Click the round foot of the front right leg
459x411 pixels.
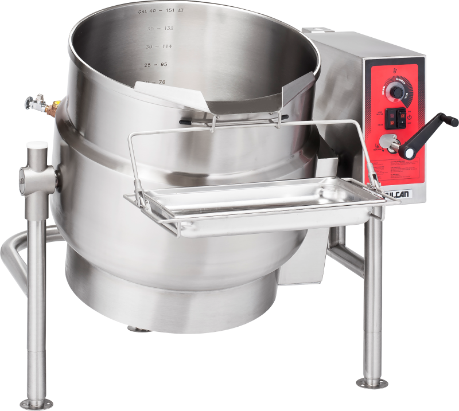372,382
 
